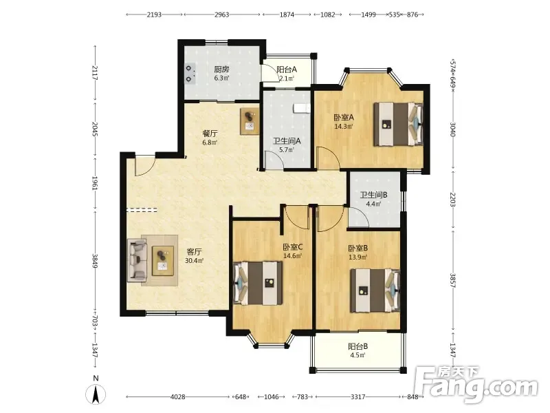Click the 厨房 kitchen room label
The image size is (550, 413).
click(x=221, y=70)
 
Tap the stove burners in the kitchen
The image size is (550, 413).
click(x=190, y=74)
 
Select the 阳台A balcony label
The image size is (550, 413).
click(x=287, y=70)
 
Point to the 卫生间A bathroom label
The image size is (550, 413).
click(x=287, y=141)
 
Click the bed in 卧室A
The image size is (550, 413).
click(x=398, y=124)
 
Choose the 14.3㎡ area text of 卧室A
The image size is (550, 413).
click(x=343, y=127)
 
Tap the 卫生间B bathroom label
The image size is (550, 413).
click(x=373, y=195)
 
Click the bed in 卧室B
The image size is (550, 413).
click(x=375, y=290)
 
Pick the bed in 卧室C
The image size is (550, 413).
click(x=258, y=283)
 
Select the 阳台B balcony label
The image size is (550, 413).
click(x=357, y=347)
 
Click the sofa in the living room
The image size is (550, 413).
click(x=137, y=260)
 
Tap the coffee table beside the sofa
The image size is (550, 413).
click(x=163, y=261)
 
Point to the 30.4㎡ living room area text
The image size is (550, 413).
click(x=194, y=261)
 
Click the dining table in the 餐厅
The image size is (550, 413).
click(x=250, y=121)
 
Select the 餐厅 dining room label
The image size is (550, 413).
click(x=210, y=134)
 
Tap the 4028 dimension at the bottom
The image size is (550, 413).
click(x=177, y=397)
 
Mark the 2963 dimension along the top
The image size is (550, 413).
click(x=221, y=14)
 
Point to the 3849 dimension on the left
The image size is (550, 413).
click(x=95, y=261)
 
